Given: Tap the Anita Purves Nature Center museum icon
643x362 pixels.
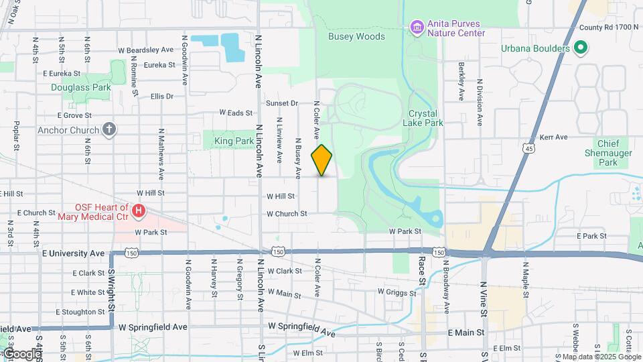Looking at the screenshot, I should [x=417, y=27].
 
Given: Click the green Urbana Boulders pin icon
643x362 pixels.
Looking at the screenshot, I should [x=581, y=48].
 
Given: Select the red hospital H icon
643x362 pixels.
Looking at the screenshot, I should [x=139, y=212].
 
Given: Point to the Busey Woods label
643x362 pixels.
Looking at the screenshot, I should [x=356, y=37].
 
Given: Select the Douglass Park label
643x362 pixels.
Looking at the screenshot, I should [x=80, y=87].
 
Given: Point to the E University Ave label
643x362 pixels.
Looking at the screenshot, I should [x=73, y=253].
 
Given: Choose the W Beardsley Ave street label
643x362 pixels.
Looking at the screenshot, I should [x=145, y=50].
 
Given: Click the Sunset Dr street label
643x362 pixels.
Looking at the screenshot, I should [x=281, y=103].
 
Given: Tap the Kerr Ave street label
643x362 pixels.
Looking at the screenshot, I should [x=553, y=137].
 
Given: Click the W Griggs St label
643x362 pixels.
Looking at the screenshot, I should [x=397, y=292].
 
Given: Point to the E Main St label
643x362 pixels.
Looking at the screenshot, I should [x=465, y=333].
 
